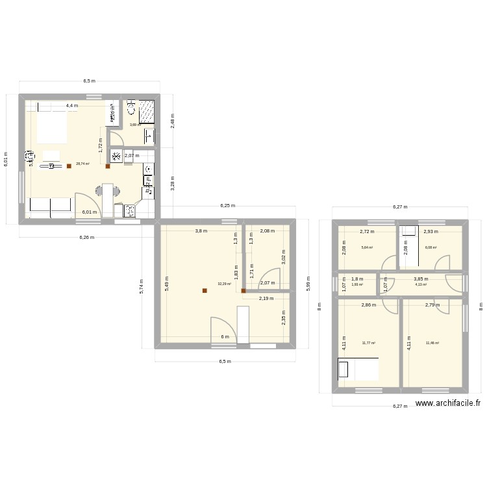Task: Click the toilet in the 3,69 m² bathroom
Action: coord(131,106)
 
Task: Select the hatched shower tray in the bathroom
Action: coord(147,110)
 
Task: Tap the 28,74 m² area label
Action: coord(82,164)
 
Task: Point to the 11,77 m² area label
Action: coord(369,343)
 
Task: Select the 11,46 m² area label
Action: coord(432,343)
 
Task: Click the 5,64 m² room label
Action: coord(367,247)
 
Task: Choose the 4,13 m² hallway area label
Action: coord(420,284)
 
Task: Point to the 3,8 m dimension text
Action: coord(201,231)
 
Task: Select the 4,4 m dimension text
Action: coord(71,105)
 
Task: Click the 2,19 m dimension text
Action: coord(266,299)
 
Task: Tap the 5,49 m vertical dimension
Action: coord(167,284)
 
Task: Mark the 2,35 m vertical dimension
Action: coord(283,319)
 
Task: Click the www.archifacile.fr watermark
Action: coord(448,403)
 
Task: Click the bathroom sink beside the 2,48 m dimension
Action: coord(149,135)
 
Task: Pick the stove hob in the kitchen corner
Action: coord(129,210)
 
